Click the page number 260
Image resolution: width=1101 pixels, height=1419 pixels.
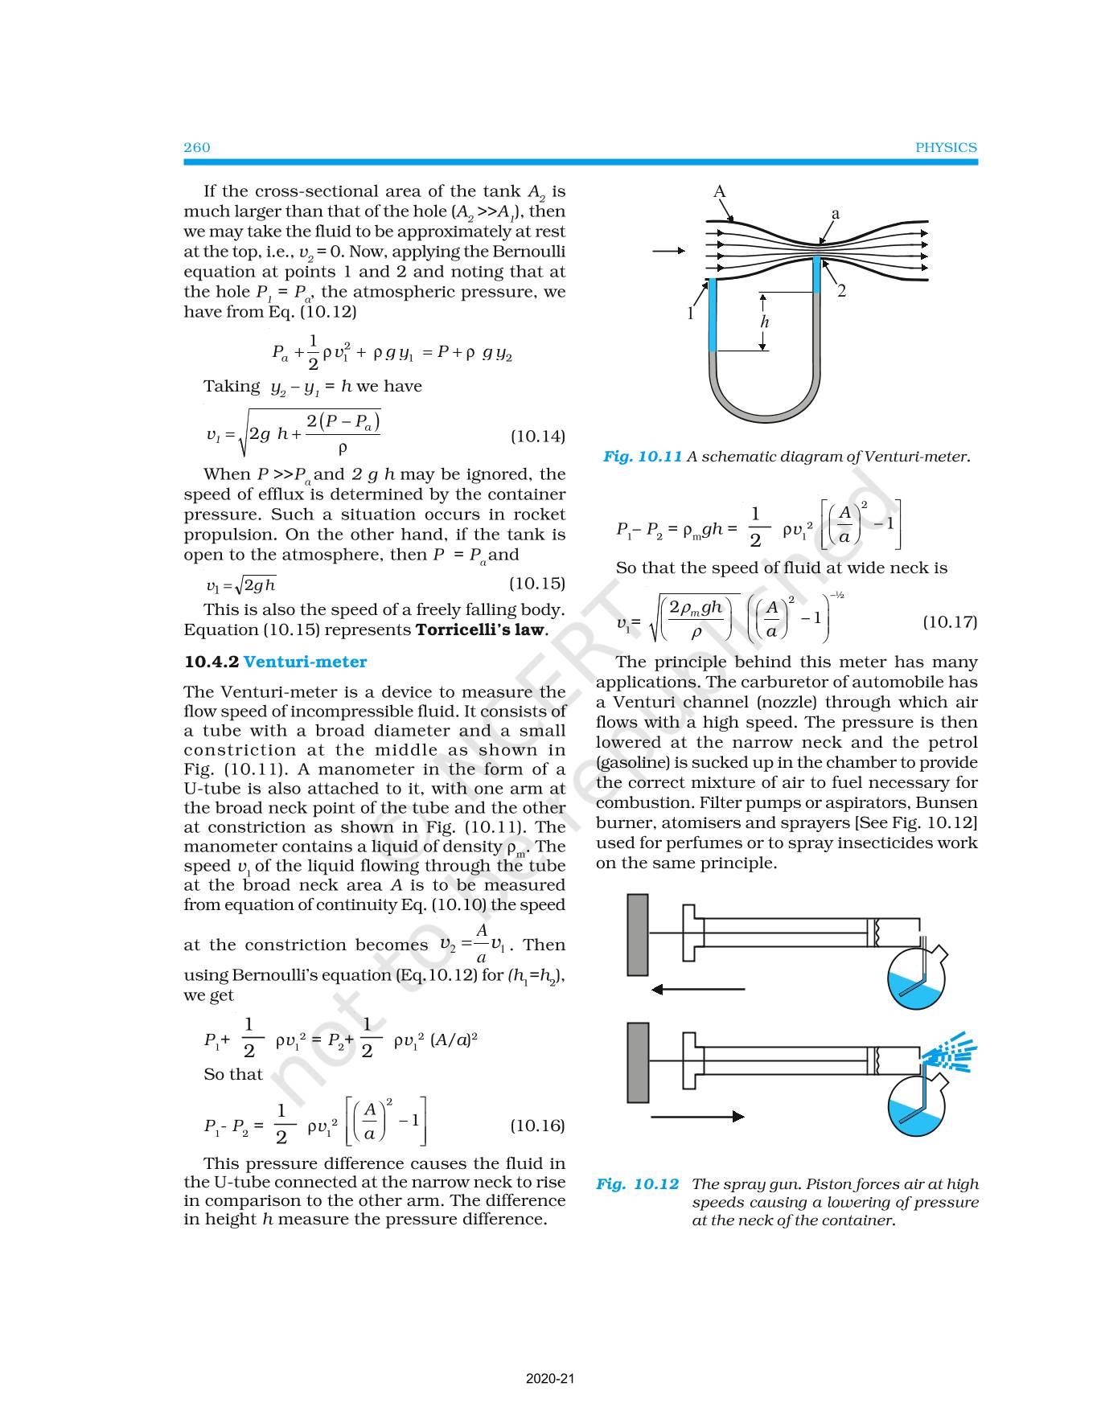point(197,147)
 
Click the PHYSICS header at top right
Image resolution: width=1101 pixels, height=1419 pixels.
point(946,148)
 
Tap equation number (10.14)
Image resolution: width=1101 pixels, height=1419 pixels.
point(538,437)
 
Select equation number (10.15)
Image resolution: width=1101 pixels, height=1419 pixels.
point(537,584)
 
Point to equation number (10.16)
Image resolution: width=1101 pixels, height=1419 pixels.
point(537,1126)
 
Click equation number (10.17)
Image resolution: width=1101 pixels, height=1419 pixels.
point(950,622)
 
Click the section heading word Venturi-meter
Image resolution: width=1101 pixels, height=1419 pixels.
point(305,662)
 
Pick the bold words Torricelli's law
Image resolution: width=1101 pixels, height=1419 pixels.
point(480,630)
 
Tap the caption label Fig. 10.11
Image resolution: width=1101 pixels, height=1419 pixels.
point(643,457)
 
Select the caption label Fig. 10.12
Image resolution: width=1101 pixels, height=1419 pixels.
point(637,1184)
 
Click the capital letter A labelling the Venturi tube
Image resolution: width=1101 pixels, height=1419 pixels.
point(720,192)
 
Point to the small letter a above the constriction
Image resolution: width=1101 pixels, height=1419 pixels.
point(836,214)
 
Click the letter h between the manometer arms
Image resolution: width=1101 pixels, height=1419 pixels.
point(765,322)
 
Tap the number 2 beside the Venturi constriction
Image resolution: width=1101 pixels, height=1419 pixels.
point(841,291)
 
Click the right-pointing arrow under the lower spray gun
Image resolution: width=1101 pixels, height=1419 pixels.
point(697,1116)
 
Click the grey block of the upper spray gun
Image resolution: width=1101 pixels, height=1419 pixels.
point(638,934)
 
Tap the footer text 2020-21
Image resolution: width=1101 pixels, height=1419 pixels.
point(550,1380)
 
